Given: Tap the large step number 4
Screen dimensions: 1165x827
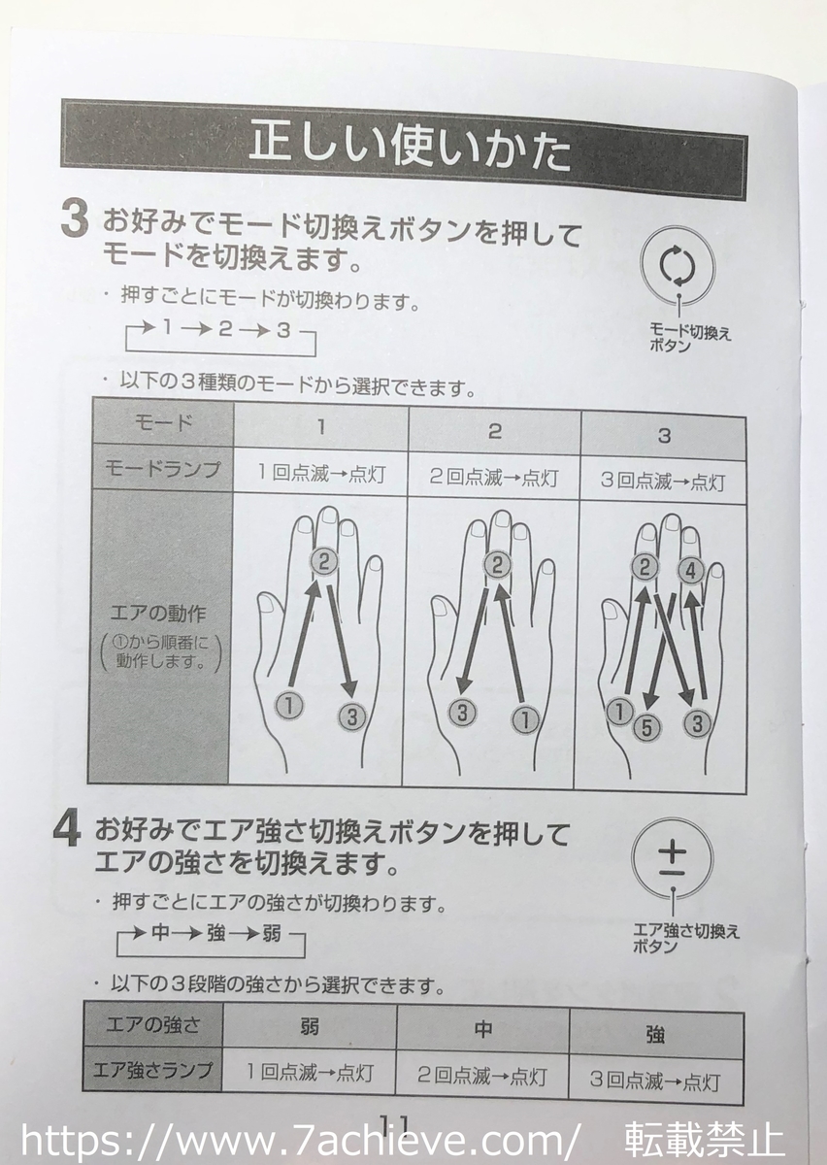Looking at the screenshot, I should coord(66,833).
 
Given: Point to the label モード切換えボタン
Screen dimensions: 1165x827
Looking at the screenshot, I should coord(689,339).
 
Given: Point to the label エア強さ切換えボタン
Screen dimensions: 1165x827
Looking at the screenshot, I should coord(685,938).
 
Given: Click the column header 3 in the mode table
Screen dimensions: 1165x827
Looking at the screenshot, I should coord(664,436).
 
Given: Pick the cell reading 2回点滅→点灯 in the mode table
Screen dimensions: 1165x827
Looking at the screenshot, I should coord(493,478).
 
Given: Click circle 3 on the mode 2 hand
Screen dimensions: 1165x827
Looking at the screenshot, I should coord(463,712).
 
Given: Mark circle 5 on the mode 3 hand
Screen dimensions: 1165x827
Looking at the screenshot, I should coord(647,727).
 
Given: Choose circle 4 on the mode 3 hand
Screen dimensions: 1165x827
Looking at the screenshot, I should coord(690,571).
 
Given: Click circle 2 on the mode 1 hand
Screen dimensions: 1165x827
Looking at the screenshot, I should coord(324,560).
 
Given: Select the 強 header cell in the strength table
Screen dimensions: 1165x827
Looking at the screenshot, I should coord(655,1035).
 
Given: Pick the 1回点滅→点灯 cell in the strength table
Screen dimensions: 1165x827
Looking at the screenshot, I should coord(310,1075).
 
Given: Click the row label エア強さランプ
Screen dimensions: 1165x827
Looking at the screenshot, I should coord(152,1072).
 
